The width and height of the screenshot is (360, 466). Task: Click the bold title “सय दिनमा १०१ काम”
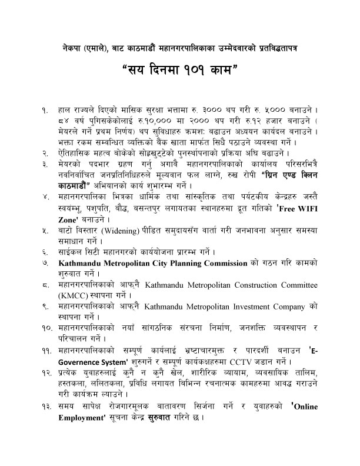coord(179,75)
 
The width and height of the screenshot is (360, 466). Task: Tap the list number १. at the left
coord(45,110)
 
